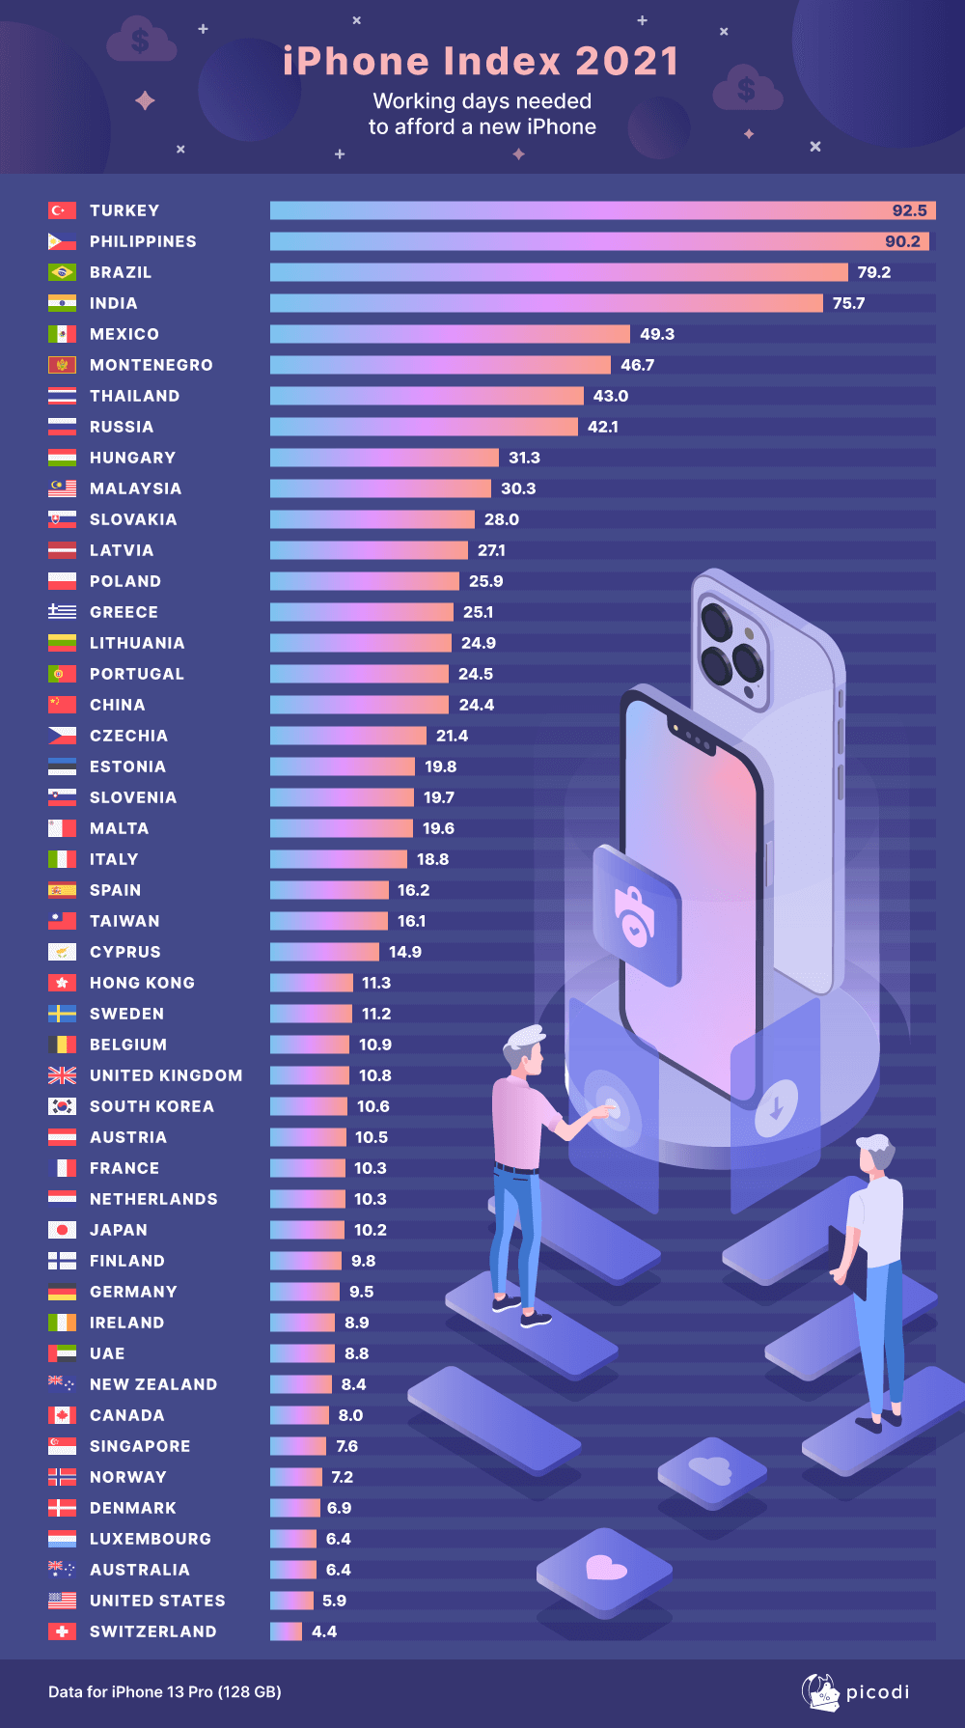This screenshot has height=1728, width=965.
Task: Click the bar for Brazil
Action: pyautogui.click(x=559, y=272)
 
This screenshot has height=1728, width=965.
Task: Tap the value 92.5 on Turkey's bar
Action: pyautogui.click(x=909, y=210)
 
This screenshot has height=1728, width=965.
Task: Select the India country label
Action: pyautogui.click(x=113, y=303)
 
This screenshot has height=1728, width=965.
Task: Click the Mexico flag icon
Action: pyautogui.click(x=62, y=334)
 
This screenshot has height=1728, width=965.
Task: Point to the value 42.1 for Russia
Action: pyautogui.click(x=603, y=427)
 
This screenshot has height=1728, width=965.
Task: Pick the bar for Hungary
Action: pyautogui.click(x=384, y=458)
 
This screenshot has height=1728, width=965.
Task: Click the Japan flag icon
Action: pyautogui.click(x=62, y=1230)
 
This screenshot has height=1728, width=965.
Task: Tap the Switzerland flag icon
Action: pyautogui.click(x=62, y=1631)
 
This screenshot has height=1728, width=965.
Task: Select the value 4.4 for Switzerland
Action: pyautogui.click(x=324, y=1631)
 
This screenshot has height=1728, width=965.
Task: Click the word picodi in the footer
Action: pyautogui.click(x=877, y=1692)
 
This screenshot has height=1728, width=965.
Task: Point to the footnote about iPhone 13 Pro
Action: pyautogui.click(x=165, y=1691)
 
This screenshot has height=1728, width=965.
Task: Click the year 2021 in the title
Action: pyautogui.click(x=627, y=62)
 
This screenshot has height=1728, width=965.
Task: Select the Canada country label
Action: pyautogui.click(x=126, y=1415)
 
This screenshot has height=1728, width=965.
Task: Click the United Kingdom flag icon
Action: pyautogui.click(x=62, y=1075)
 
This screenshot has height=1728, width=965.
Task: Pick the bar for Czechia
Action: pyautogui.click(x=347, y=736)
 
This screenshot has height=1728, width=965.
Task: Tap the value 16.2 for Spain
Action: pyautogui.click(x=413, y=890)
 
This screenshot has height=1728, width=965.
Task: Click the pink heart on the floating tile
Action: pyautogui.click(x=606, y=1568)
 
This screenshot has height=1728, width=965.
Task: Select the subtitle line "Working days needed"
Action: pyautogui.click(x=482, y=101)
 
